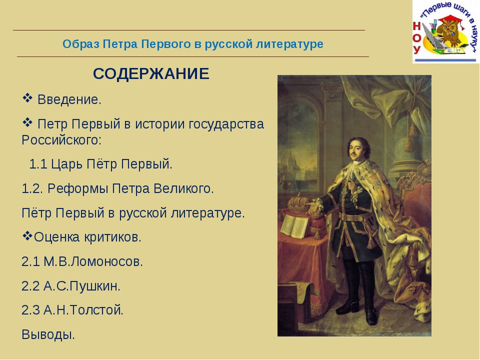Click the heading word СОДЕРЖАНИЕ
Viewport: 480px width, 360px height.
click(151, 74)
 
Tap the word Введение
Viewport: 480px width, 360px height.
click(69, 100)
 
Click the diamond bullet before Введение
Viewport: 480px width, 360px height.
click(27, 98)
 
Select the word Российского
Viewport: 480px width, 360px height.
click(61, 140)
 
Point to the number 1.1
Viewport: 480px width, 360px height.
click(38, 164)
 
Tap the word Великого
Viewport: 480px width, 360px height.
click(183, 188)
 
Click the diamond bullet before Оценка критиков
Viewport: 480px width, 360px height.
click(27, 236)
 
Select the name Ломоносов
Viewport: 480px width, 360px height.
click(106, 261)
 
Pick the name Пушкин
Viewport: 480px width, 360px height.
click(94, 286)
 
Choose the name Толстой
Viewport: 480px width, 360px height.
click(96, 310)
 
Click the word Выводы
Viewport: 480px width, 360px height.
click(48, 334)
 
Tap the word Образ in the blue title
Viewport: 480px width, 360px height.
click(81, 44)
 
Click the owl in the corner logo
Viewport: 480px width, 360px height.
click(449, 31)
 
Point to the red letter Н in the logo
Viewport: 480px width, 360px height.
click(416, 26)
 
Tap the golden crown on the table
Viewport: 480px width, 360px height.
click(298, 203)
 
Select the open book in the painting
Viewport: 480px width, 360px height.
click(294, 226)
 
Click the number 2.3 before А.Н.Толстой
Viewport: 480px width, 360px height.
click(30, 310)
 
